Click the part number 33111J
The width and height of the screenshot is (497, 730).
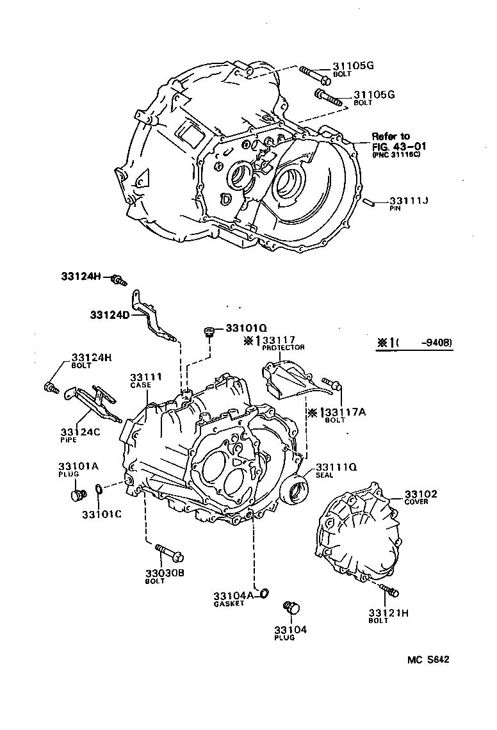409,200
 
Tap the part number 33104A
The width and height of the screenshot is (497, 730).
234,595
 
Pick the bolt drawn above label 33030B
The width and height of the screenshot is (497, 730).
168,551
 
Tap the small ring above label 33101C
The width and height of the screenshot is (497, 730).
98,490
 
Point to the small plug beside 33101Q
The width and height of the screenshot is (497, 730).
208,330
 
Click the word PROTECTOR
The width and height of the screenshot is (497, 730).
282,348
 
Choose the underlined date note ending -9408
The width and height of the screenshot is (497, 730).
415,343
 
